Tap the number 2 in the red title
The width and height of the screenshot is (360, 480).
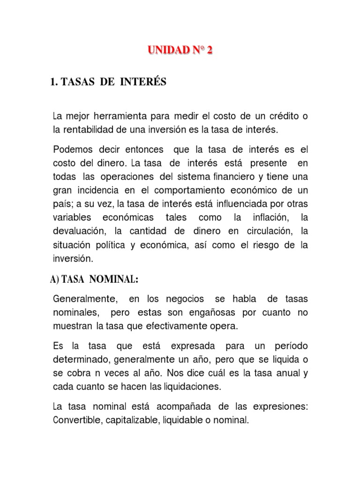tap(209, 51)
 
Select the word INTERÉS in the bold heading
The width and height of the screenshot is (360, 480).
tap(144, 82)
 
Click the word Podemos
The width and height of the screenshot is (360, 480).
tap(72, 150)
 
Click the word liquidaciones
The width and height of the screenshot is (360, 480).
tap(192, 387)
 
